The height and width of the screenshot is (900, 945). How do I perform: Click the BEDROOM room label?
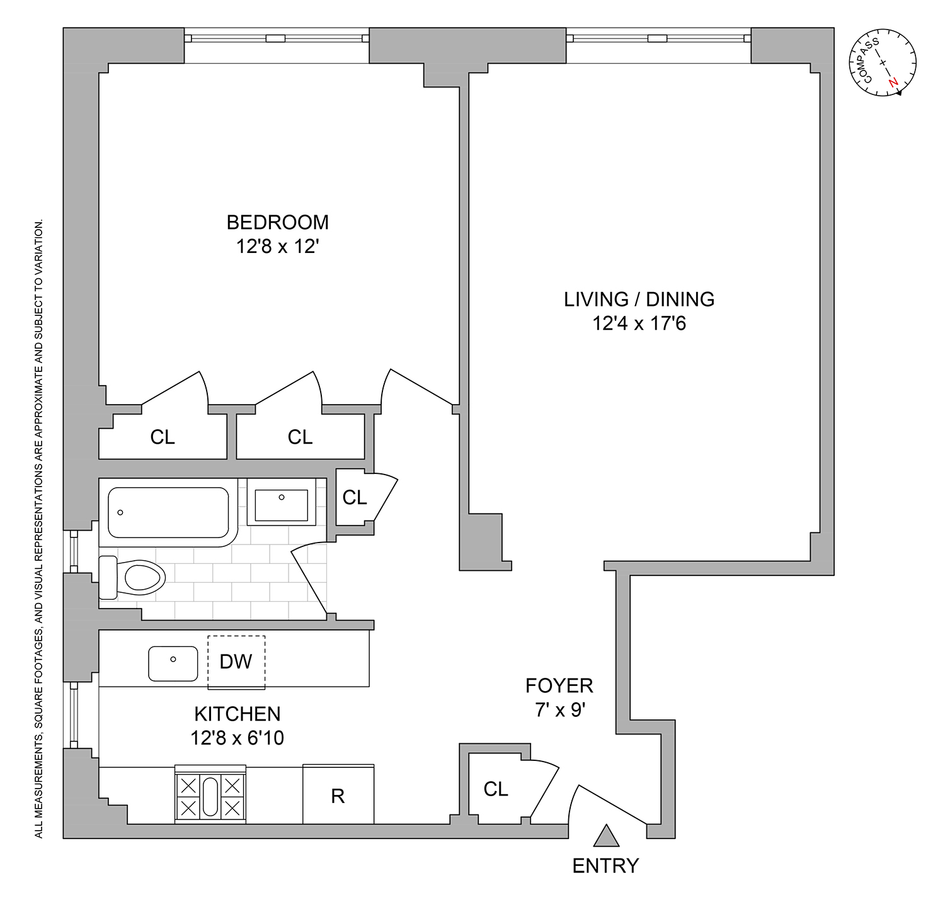click(x=277, y=222)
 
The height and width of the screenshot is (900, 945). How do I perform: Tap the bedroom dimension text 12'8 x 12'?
click(x=277, y=246)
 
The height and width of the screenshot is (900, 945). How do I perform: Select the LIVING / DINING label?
click(x=639, y=299)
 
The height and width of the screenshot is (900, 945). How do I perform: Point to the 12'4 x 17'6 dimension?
click(x=639, y=323)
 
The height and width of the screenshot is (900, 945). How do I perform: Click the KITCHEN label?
click(x=238, y=714)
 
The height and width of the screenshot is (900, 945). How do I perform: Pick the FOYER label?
click(x=559, y=685)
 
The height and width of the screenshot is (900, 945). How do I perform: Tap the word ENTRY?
click(x=605, y=866)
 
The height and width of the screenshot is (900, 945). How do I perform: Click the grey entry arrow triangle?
click(x=607, y=837)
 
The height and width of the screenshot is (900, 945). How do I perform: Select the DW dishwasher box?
click(x=236, y=661)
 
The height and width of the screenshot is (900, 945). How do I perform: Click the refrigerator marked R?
click(x=338, y=795)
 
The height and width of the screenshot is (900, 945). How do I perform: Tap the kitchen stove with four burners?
click(x=210, y=795)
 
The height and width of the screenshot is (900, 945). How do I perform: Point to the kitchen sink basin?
click(x=173, y=663)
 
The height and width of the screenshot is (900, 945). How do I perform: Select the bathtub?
click(x=168, y=512)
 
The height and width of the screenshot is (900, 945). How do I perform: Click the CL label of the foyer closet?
click(x=496, y=789)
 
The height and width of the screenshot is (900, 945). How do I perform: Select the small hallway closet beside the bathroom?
click(x=354, y=497)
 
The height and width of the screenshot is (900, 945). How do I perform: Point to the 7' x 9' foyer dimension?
click(x=560, y=710)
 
